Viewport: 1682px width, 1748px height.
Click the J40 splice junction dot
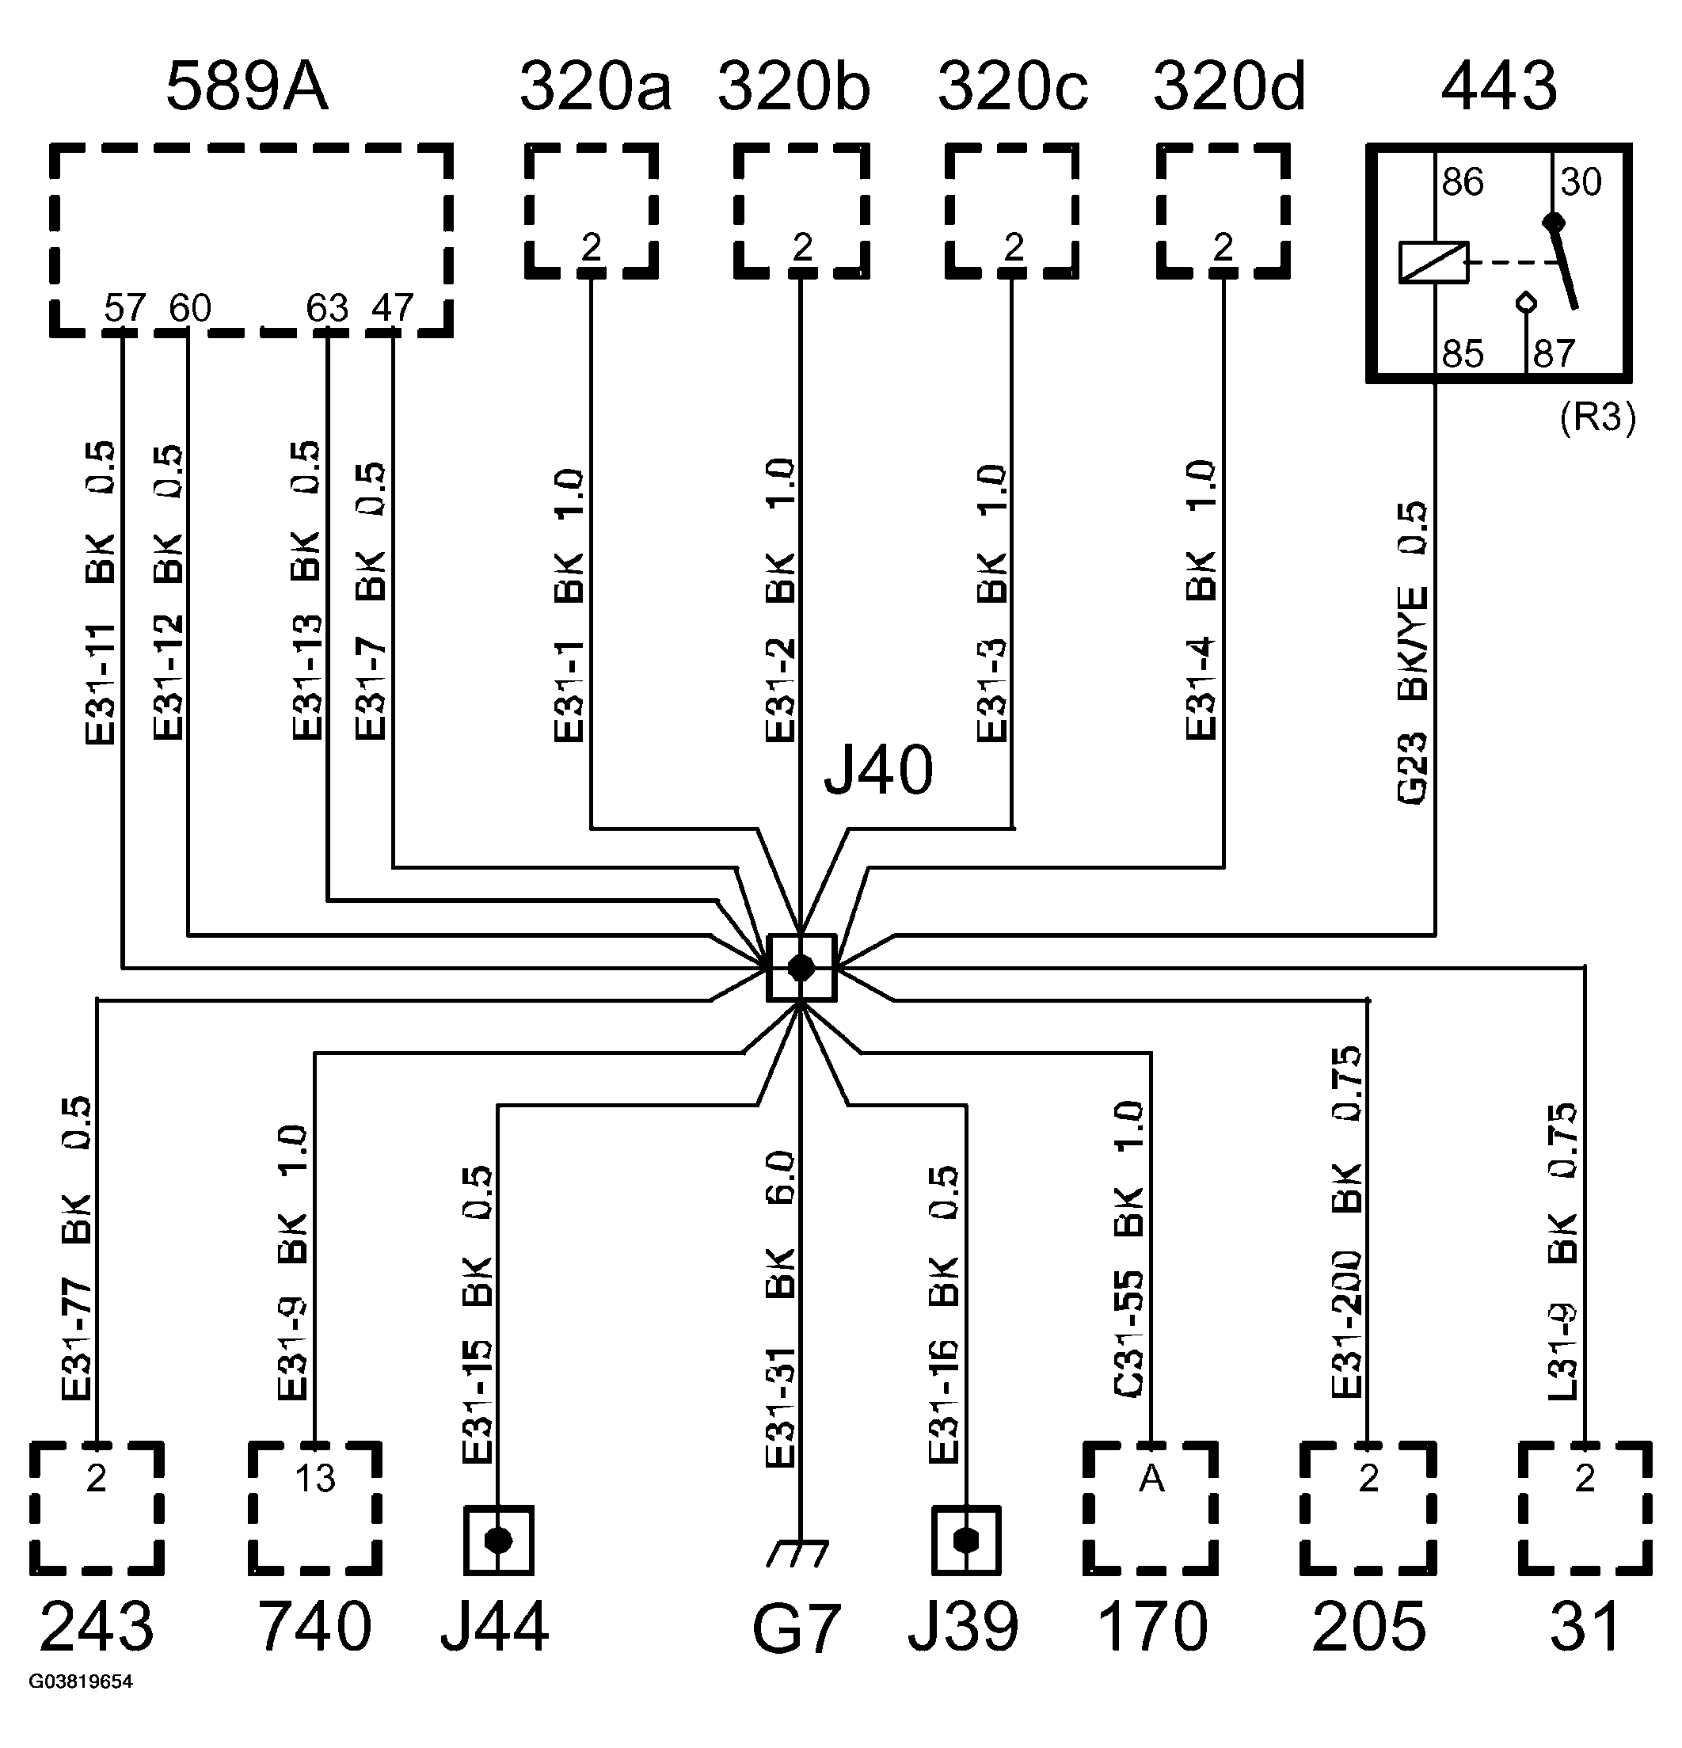pos(801,968)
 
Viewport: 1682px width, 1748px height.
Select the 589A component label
pos(247,87)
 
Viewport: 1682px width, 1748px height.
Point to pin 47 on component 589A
pos(394,309)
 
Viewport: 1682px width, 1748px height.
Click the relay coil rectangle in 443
pos(1433,263)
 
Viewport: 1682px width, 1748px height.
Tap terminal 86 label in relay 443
pos(1463,183)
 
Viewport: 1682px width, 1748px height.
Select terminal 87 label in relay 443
pos(1555,354)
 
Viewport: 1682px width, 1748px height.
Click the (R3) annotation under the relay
pos(1597,417)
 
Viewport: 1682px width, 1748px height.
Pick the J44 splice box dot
pos(497,1541)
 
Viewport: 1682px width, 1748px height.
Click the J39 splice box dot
pos(966,1541)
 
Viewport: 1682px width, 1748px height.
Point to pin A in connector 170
pos(1151,1479)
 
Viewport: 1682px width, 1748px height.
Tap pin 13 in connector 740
pos(315,1479)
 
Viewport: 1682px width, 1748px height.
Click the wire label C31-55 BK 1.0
pos(1129,1248)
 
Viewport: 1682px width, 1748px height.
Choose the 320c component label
pos(1013,87)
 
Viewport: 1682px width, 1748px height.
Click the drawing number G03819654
pos(80,1682)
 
